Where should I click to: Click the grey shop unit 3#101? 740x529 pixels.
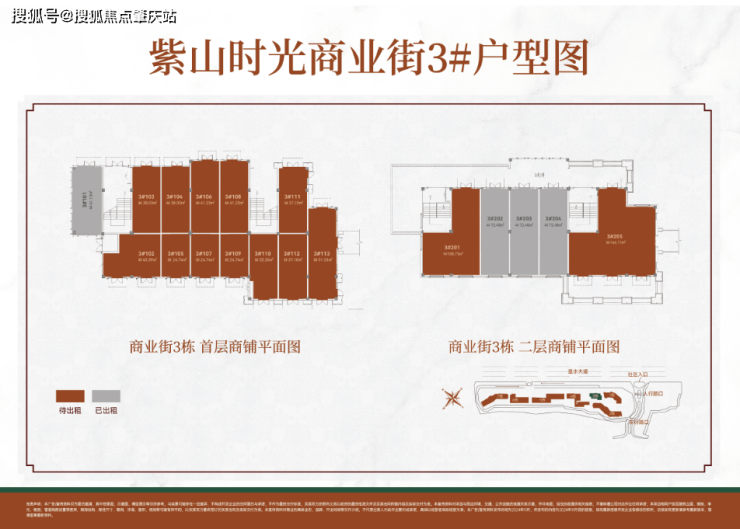pyautogui.click(x=86, y=199)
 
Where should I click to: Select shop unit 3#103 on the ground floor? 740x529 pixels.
pyautogui.click(x=146, y=199)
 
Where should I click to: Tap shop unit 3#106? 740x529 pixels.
pyautogui.click(x=205, y=199)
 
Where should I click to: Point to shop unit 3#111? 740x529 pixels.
pyautogui.click(x=293, y=199)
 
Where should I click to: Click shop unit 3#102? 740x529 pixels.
pyautogui.click(x=146, y=257)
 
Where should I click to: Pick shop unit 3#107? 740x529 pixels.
pyautogui.click(x=205, y=257)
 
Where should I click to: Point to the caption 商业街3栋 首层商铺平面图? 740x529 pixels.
pyautogui.click(x=214, y=348)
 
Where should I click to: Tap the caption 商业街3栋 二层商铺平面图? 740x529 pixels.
pyautogui.click(x=534, y=348)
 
